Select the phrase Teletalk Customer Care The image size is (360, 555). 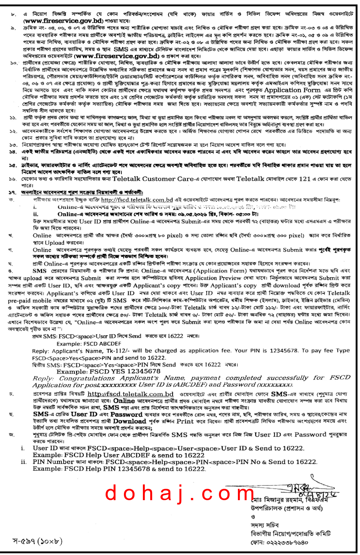pyautogui.click(x=153, y=179)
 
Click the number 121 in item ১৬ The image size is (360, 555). pyautogui.click(x=304, y=179)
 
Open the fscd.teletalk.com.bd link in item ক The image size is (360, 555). pyautogui.click(x=137, y=200)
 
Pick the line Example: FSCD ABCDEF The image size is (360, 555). pyautogui.click(x=88, y=344)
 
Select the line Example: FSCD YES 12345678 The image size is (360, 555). pyautogui.click(x=108, y=371)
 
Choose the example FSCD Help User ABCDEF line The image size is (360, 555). pyautogui.click(x=118, y=455)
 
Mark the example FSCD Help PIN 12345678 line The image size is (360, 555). pyautogui.click(x=119, y=469)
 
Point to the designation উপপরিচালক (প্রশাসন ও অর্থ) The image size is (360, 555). pyautogui.click(x=287, y=508)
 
